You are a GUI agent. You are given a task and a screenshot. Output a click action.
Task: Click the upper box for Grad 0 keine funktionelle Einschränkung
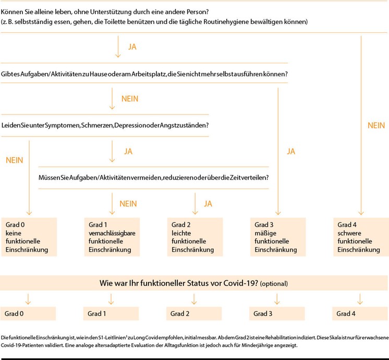(29, 237)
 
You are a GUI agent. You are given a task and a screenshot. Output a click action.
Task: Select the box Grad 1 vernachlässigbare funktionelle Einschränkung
(112, 237)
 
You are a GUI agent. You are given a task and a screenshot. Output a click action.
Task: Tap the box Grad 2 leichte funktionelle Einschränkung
(195, 237)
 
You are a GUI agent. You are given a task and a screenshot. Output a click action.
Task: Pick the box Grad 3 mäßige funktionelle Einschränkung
(278, 237)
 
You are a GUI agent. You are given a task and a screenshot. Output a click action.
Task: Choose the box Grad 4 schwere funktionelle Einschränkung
(361, 237)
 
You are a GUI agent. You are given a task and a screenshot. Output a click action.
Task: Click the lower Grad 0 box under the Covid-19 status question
(28, 314)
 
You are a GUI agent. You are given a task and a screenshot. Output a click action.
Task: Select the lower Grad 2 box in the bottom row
(194, 314)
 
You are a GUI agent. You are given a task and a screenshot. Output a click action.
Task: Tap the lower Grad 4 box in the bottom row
(360, 314)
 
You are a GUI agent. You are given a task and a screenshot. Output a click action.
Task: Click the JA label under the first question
(132, 47)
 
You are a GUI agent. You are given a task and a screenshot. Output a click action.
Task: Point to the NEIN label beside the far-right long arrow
(376, 126)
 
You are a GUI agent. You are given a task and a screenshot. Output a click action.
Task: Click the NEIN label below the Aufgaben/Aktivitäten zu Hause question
(130, 99)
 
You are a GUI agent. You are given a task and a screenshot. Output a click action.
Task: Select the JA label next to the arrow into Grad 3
(291, 152)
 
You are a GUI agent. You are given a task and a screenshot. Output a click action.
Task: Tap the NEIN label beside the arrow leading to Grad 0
(15, 160)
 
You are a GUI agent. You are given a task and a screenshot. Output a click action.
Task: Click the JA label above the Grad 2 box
(208, 204)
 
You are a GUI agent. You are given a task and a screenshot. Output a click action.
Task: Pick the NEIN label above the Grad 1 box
(128, 204)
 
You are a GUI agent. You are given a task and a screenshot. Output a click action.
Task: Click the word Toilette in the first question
(115, 22)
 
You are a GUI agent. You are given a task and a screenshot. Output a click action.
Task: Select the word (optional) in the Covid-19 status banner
(274, 283)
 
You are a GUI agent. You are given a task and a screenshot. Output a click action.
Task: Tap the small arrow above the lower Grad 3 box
(277, 299)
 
